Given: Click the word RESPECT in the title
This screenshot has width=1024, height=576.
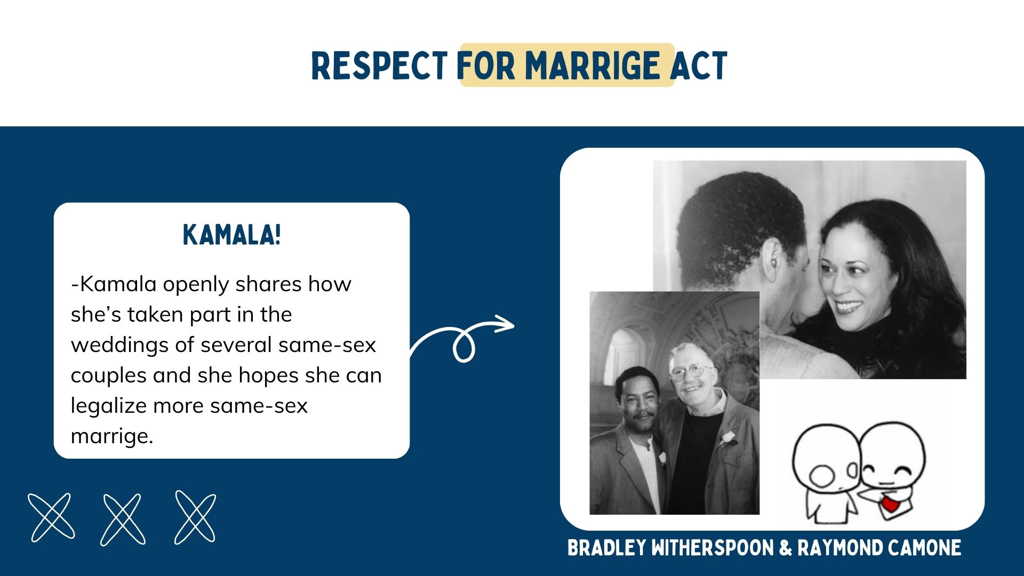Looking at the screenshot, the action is click(x=379, y=66).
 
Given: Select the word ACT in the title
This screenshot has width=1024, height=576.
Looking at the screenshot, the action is click(x=699, y=66).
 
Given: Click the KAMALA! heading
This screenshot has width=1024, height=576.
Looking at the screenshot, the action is click(x=231, y=235).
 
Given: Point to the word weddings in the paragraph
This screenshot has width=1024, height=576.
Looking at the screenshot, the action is click(x=123, y=346).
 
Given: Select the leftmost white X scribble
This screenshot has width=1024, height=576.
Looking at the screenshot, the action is click(x=51, y=517).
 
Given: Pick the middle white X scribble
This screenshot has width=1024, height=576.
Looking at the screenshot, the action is click(x=123, y=519).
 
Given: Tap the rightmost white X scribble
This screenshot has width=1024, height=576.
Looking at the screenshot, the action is click(x=195, y=517).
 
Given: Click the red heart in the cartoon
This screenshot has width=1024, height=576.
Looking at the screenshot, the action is click(x=890, y=503).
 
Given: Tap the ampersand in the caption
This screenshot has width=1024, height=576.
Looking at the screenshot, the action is click(x=786, y=548).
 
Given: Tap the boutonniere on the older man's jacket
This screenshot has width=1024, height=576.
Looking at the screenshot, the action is click(x=726, y=439).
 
